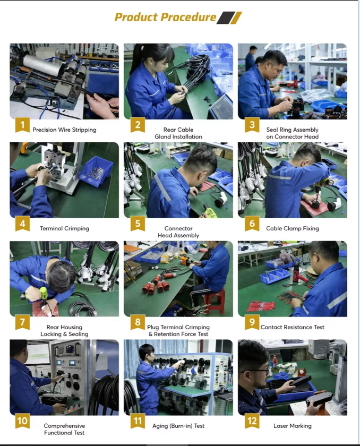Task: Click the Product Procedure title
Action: pyautogui.click(x=165, y=18)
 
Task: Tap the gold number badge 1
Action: pyautogui.click(x=22, y=125)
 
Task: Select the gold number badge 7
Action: pyautogui.click(x=22, y=322)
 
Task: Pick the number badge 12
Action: pyautogui.click(x=252, y=421)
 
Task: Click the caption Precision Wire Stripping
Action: pyautogui.click(x=64, y=130)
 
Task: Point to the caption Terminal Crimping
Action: pyautogui.click(x=64, y=228)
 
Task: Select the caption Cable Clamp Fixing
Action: pyautogui.click(x=293, y=228)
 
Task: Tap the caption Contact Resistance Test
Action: pyautogui.click(x=293, y=327)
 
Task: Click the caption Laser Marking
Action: pyautogui.click(x=293, y=426)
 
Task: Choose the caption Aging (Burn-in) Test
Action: pyautogui.click(x=178, y=426)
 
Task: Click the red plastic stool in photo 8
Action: pyautogui.click(x=214, y=301)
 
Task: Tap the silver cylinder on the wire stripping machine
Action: pyautogui.click(x=41, y=65)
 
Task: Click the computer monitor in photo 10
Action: pyautogui.click(x=38, y=354)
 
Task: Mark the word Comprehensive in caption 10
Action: pyautogui.click(x=64, y=426)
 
